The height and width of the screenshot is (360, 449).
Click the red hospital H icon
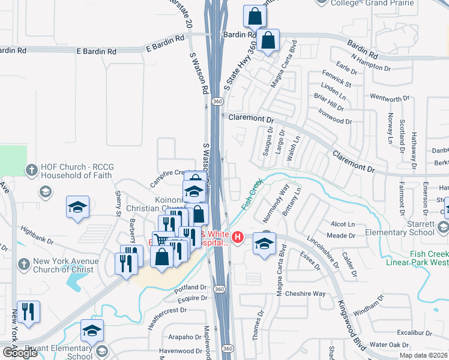point(238,238)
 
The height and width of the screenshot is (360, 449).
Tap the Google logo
point(20,353)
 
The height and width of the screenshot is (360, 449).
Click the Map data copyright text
point(423,355)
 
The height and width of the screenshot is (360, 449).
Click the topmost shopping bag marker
point(255,16)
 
